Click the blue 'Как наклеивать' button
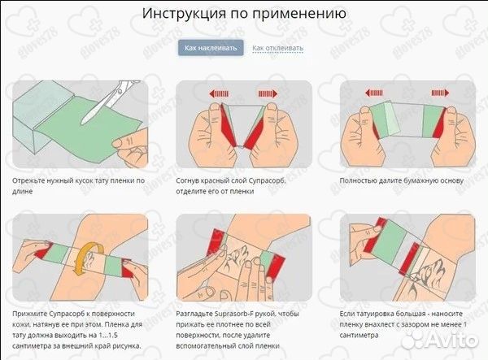pos(211,48)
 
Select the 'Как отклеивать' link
pos(277,48)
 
